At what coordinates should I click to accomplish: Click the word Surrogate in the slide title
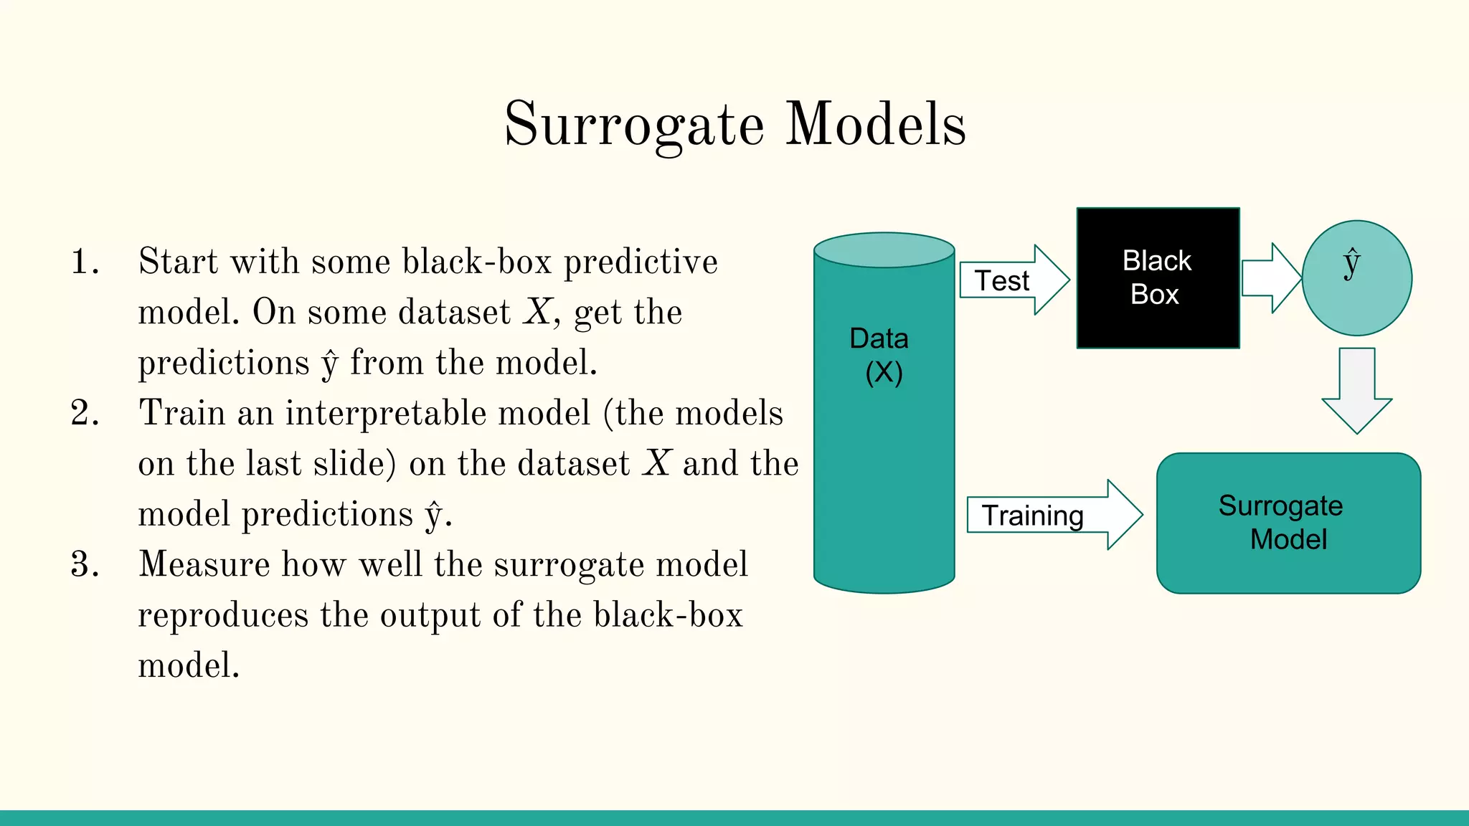point(634,125)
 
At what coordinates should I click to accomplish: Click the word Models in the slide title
point(876,125)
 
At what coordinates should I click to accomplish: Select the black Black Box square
point(1158,278)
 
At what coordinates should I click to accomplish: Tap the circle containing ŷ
point(1356,278)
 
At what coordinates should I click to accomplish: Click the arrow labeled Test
point(1014,280)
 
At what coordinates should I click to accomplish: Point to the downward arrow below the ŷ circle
point(1356,391)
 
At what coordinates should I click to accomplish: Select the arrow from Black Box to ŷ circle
point(1270,278)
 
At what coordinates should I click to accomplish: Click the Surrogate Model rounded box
point(1288,523)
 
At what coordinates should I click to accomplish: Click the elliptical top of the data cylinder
point(884,250)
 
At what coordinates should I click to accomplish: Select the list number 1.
point(84,262)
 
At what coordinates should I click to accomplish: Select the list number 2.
point(84,414)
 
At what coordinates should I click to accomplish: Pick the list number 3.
point(84,565)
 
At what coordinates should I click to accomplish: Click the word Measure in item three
point(204,565)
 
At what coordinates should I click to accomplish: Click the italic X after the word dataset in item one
point(537,313)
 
